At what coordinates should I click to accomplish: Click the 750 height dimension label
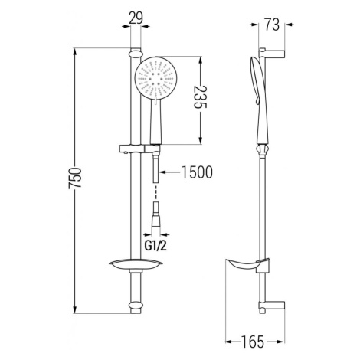coord(75,178)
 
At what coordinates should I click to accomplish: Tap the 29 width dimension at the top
coord(136,18)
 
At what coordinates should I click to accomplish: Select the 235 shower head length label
coord(200,97)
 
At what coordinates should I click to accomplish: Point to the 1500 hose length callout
coord(197,172)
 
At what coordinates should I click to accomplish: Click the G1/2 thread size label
coord(155,246)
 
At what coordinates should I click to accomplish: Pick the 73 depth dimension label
coord(272,25)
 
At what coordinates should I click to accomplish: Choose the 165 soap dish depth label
coord(252,342)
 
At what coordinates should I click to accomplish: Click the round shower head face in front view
coord(155,78)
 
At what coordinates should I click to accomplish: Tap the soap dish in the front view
coord(136,266)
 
